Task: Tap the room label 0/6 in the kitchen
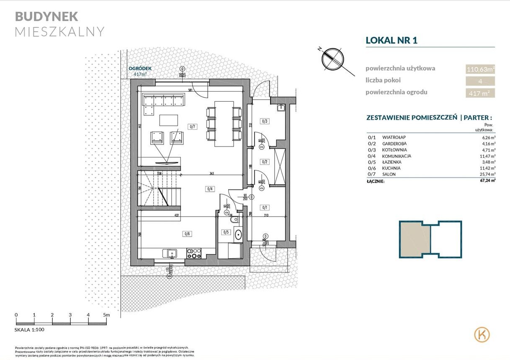[x=187, y=234]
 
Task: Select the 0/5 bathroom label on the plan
[x=226, y=232]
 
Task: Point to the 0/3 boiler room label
[x=264, y=121]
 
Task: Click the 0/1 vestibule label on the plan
[x=264, y=207]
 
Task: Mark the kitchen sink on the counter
[x=171, y=253]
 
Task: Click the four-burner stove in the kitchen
[x=194, y=253]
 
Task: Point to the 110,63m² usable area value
[x=480, y=69]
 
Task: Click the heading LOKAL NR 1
[x=392, y=40]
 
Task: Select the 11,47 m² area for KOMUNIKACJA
[x=487, y=156]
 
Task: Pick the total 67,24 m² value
[x=487, y=180]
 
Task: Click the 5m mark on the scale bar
[x=106, y=315]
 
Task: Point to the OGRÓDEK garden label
[x=140, y=69]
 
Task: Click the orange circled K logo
[x=482, y=334]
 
